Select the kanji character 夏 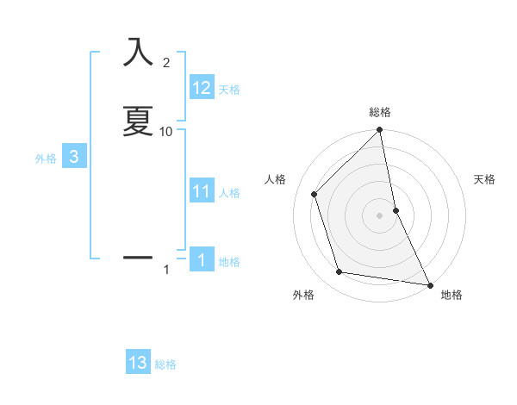(x=138, y=121)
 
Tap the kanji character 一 (x=138, y=257)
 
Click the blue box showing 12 (x=202, y=88)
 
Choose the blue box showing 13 (x=138, y=363)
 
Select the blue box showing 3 (x=74, y=157)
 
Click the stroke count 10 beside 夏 (x=166, y=131)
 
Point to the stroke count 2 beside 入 (x=166, y=62)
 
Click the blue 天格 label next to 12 (x=229, y=89)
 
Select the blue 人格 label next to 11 (x=229, y=192)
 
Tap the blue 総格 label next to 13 (x=165, y=364)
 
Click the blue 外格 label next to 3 (x=46, y=158)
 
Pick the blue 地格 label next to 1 (x=229, y=261)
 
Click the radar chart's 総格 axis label (x=380, y=112)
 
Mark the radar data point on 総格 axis (x=380, y=131)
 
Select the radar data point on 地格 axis (x=429, y=283)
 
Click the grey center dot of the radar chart (x=380, y=215)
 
